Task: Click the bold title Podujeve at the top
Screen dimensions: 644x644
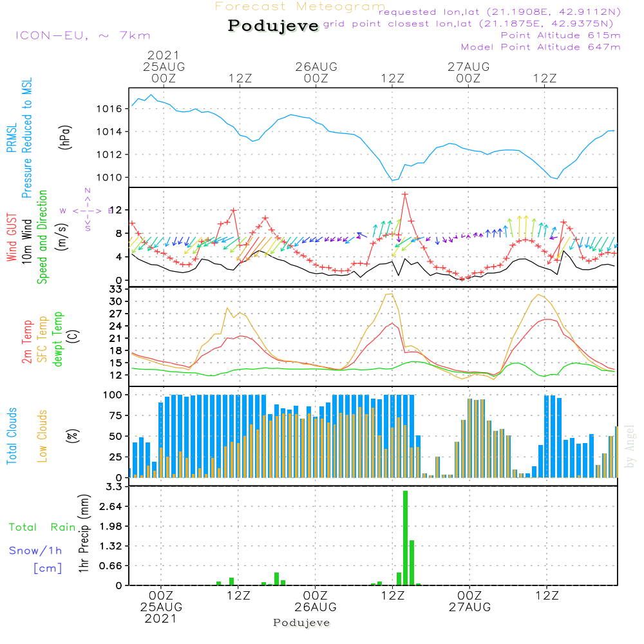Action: tap(274, 26)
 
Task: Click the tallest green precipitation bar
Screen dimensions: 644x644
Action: tap(406, 538)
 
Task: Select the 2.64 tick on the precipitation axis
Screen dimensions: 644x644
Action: tap(111, 507)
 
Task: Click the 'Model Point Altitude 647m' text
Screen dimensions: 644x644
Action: tap(541, 47)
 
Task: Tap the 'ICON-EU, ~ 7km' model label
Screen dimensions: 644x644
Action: tap(82, 35)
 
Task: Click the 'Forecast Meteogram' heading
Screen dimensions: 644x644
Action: tap(300, 6)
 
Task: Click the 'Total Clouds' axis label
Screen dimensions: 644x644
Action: tap(12, 436)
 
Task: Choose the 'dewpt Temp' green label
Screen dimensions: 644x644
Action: tap(59, 339)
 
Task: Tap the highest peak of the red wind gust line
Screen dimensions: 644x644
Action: tap(405, 194)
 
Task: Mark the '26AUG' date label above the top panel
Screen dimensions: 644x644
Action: tap(316, 66)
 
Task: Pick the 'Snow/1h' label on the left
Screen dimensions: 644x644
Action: tap(36, 551)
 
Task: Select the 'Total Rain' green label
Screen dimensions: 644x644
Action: tap(42, 527)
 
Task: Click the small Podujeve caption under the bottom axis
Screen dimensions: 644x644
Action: tap(301, 623)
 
